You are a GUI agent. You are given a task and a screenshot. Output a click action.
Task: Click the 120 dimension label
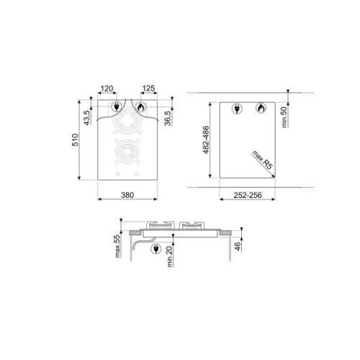coord(107,90)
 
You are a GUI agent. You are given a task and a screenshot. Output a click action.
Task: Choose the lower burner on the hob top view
coord(127,153)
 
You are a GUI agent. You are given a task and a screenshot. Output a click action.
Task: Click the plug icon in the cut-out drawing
coord(237,109)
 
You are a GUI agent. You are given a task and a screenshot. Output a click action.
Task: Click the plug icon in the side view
coord(157,248)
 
